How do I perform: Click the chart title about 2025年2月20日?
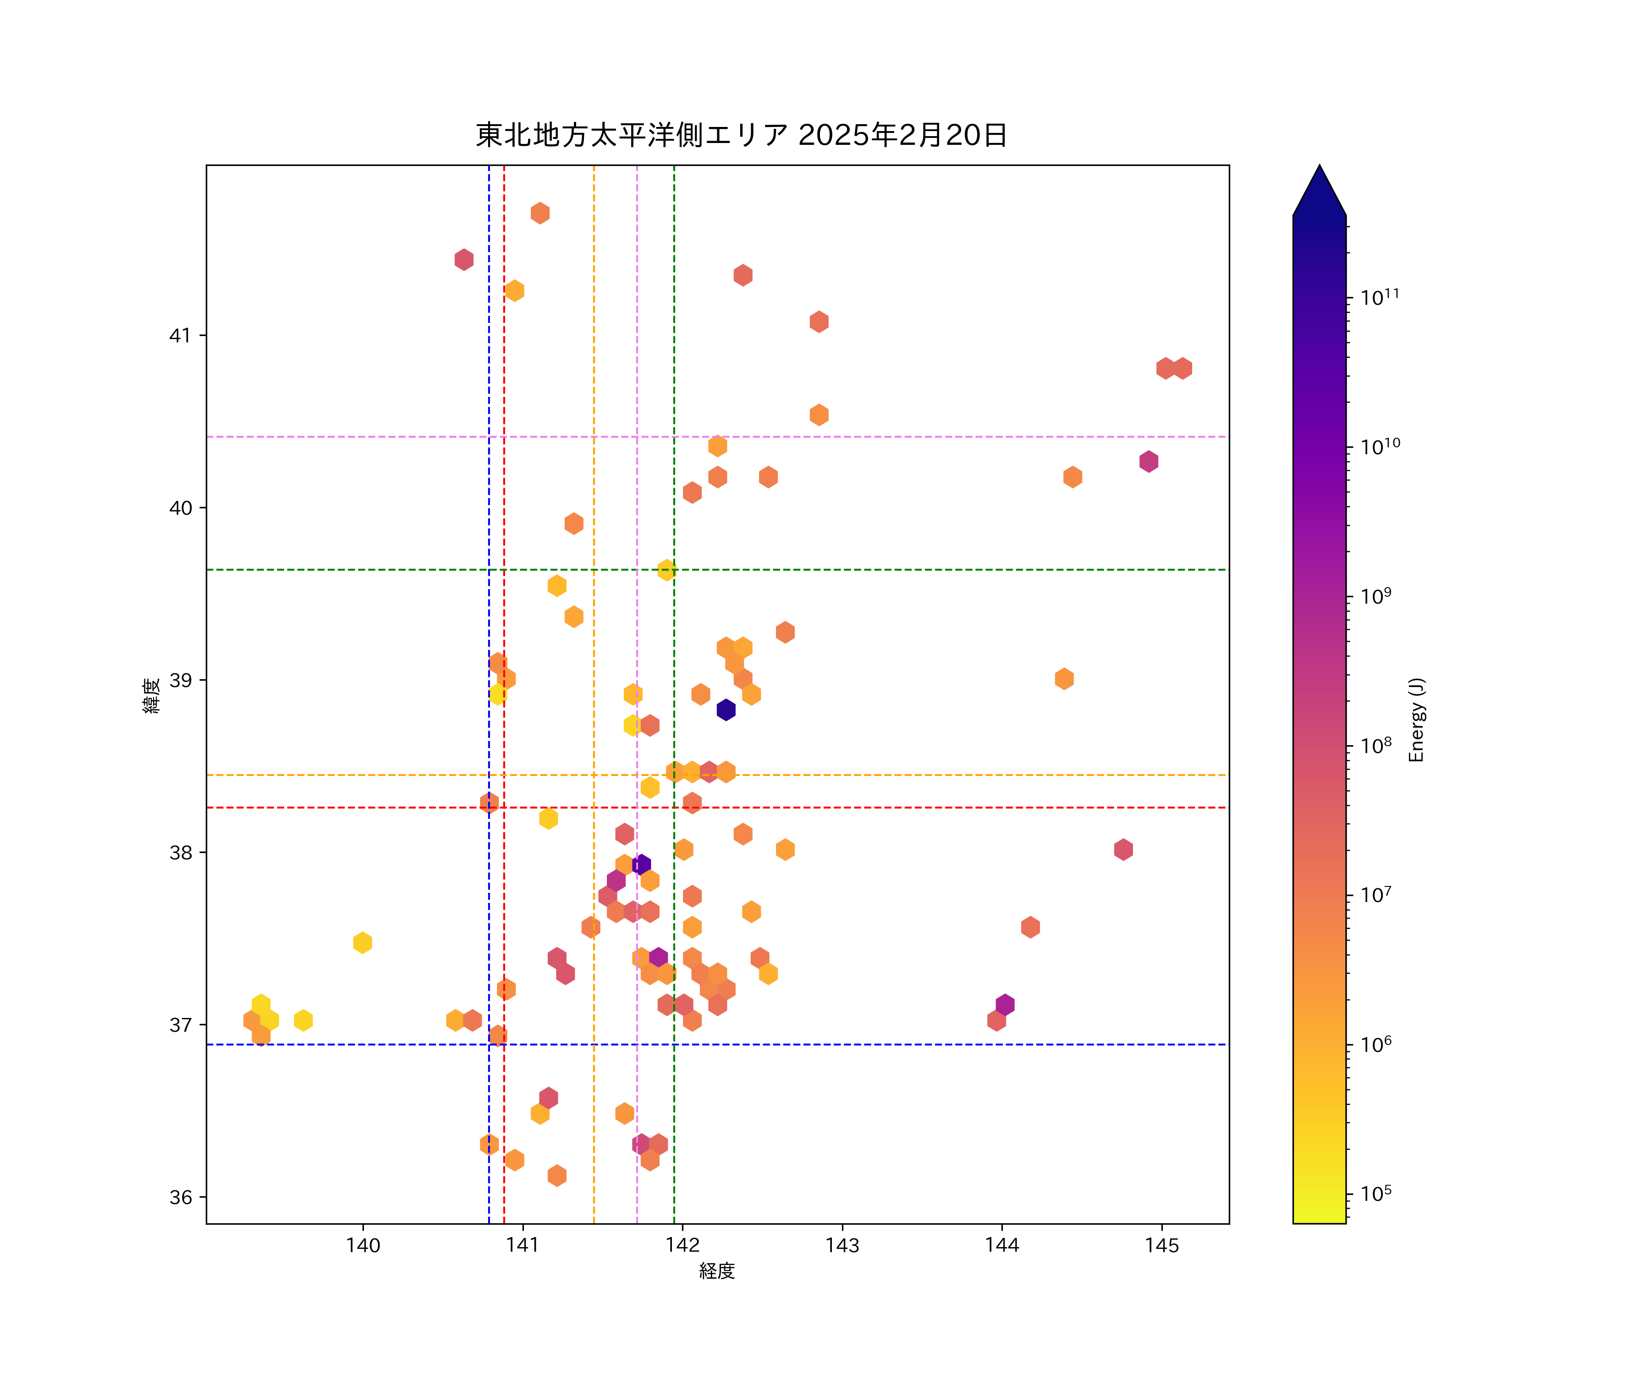(x=741, y=135)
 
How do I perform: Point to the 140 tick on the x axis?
(x=362, y=1245)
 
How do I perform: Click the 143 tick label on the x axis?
(x=842, y=1245)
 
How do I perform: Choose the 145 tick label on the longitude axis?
(x=1162, y=1245)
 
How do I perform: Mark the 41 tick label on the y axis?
(x=180, y=335)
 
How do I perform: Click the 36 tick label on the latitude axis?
(x=180, y=1198)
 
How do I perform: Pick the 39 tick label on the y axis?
(x=180, y=681)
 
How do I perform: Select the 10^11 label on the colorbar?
(x=1380, y=297)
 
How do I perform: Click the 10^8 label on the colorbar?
(x=1376, y=745)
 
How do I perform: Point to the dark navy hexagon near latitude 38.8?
(x=726, y=709)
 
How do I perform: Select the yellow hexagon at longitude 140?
(x=362, y=942)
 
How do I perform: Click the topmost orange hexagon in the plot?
(x=540, y=213)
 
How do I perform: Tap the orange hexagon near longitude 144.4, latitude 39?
(x=1064, y=679)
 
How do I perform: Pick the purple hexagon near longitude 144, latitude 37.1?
(x=1005, y=1004)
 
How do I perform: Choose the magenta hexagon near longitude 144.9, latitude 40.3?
(x=1149, y=461)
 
